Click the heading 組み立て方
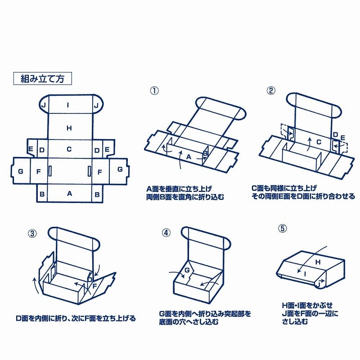(43, 78)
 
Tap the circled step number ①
(154, 90)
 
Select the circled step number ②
(271, 90)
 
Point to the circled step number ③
(32, 233)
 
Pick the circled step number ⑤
(282, 228)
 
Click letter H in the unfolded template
(69, 128)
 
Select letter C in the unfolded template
(69, 149)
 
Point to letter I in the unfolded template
(68, 105)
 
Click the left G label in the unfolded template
(20, 171)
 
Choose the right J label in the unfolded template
(96, 105)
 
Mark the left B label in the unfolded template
(42, 194)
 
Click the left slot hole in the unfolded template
(50, 171)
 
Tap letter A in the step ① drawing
(189, 157)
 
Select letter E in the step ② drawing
(343, 137)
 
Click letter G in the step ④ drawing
(185, 270)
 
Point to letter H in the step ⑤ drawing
(317, 261)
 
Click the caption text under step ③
(76, 319)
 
